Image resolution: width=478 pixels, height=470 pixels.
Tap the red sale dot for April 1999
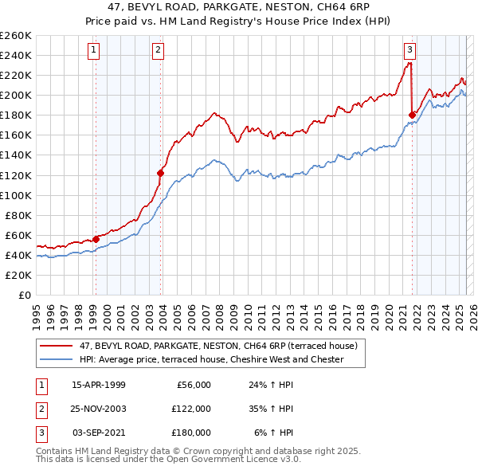tap(96, 238)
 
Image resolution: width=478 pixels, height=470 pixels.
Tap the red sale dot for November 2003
tap(160, 172)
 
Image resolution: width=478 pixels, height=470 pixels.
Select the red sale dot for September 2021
tap(412, 115)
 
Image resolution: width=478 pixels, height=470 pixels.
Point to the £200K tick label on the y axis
tap(16, 95)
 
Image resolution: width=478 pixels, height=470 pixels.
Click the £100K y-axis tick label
tap(16, 195)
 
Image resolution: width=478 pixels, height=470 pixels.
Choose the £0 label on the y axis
tap(25, 295)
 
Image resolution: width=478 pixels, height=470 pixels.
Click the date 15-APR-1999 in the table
tap(98, 385)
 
